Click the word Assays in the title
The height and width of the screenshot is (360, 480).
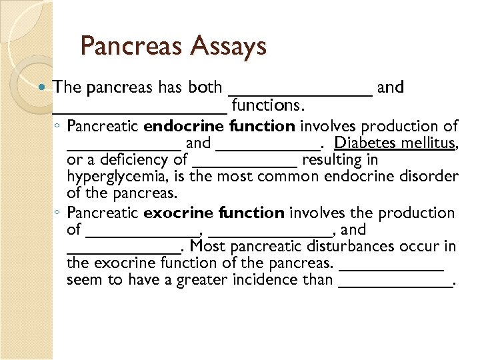tap(229, 46)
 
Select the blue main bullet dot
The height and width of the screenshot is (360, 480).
tap(44, 87)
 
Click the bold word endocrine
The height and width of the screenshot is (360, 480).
tap(184, 126)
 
